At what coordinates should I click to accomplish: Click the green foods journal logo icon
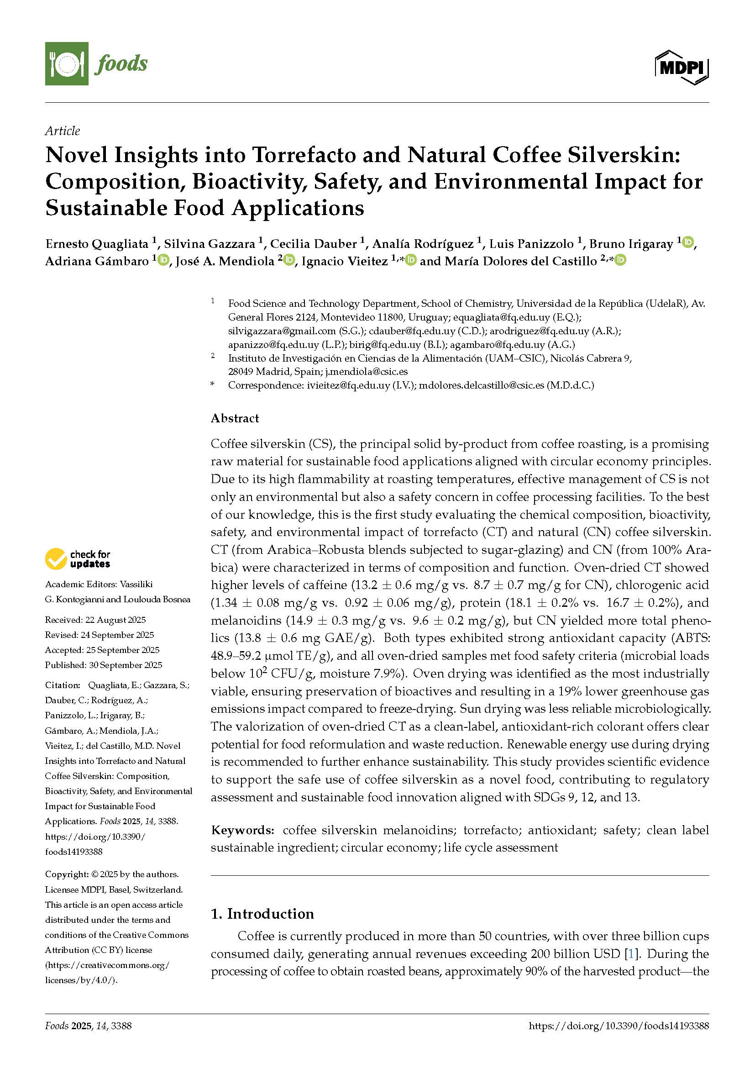[x=67, y=63]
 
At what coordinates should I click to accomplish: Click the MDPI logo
[x=682, y=68]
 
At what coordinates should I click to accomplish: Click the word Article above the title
[x=62, y=131]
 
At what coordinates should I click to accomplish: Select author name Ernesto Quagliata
[x=97, y=244]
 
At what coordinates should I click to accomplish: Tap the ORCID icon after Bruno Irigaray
[x=688, y=242]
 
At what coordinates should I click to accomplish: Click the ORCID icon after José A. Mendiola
[x=288, y=260]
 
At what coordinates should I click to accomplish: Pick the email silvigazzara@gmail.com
[x=282, y=331]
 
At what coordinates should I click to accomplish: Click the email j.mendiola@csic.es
[x=367, y=371]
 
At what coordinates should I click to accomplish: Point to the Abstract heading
[x=235, y=418]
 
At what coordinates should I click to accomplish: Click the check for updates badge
[x=78, y=558]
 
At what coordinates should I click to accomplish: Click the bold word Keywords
[x=242, y=830]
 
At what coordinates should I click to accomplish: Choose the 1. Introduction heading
[x=262, y=914]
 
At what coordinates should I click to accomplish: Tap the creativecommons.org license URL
[x=107, y=965]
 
